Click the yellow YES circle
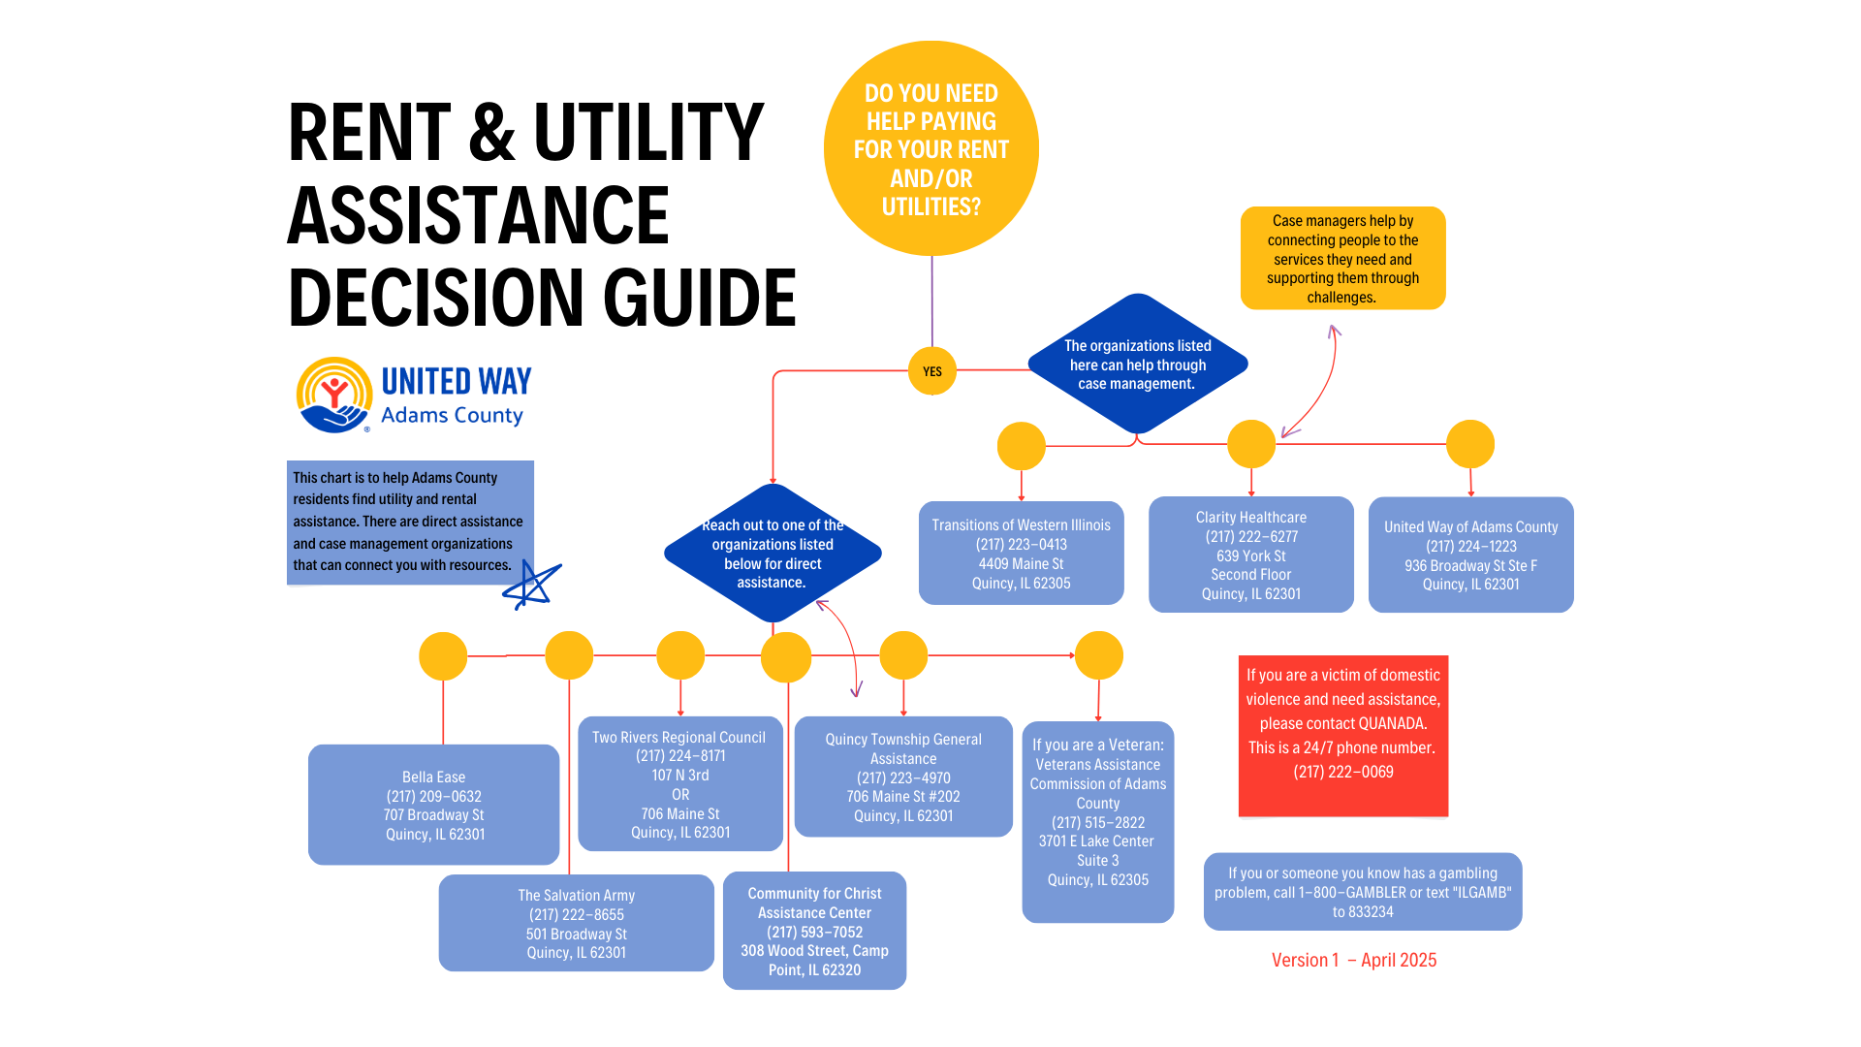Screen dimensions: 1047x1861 pos(931,371)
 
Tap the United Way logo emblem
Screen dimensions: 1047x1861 pos(334,395)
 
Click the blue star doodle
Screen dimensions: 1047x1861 pos(531,585)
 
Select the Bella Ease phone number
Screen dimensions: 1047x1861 pos(433,797)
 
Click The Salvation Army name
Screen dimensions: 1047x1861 pos(576,896)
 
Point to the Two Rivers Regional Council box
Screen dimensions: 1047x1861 pos(679,783)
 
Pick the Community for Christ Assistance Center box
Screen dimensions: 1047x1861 pos(814,931)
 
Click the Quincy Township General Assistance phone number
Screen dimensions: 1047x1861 pos(903,778)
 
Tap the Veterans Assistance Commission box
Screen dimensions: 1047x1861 pos(1097,821)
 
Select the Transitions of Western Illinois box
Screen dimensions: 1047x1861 pos(1021,554)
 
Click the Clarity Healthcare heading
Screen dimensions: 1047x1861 pos(1250,518)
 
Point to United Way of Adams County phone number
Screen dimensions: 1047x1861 pos(1470,547)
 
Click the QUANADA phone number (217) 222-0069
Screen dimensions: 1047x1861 pos(1342,773)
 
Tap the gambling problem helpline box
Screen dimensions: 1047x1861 pos(1362,892)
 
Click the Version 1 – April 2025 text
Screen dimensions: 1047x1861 pos(1353,961)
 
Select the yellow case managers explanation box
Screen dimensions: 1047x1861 pos(1342,259)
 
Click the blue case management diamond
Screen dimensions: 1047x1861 pos(1137,365)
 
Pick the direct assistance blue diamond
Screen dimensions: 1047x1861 pos(773,554)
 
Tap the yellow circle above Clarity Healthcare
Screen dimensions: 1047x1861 pos(1250,444)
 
